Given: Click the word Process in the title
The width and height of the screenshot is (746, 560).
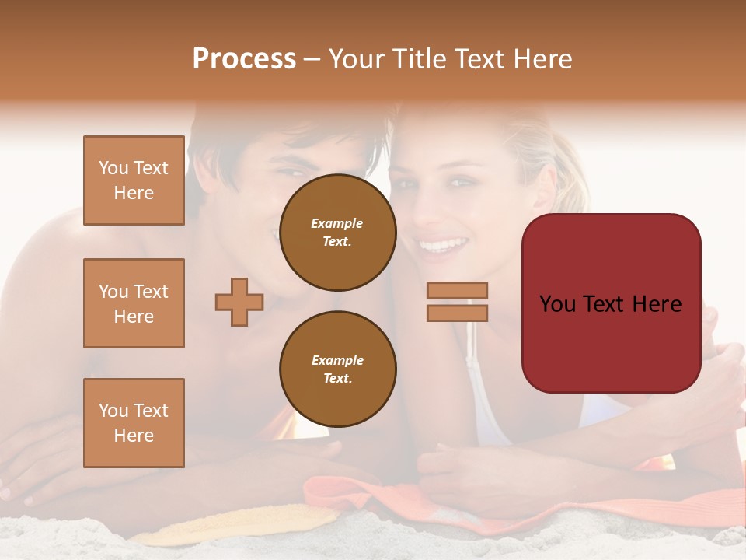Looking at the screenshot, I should (x=244, y=59).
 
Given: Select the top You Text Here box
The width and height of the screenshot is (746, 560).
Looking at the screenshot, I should (x=134, y=180).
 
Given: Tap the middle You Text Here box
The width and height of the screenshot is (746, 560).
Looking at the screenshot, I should (x=134, y=303).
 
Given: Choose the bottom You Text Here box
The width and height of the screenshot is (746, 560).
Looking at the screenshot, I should (x=134, y=423).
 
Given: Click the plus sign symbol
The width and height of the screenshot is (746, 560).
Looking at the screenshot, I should (x=239, y=302).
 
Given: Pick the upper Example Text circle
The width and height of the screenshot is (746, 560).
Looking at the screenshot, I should (x=337, y=233).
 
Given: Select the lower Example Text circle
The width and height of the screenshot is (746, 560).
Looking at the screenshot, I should (x=337, y=369).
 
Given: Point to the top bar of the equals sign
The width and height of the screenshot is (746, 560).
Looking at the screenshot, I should (x=457, y=290).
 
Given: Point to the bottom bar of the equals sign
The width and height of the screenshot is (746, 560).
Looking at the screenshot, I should (x=457, y=313).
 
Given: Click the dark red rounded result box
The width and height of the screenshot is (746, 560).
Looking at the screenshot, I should (x=611, y=303).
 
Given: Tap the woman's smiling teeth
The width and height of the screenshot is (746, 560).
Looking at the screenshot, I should (x=441, y=246).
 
